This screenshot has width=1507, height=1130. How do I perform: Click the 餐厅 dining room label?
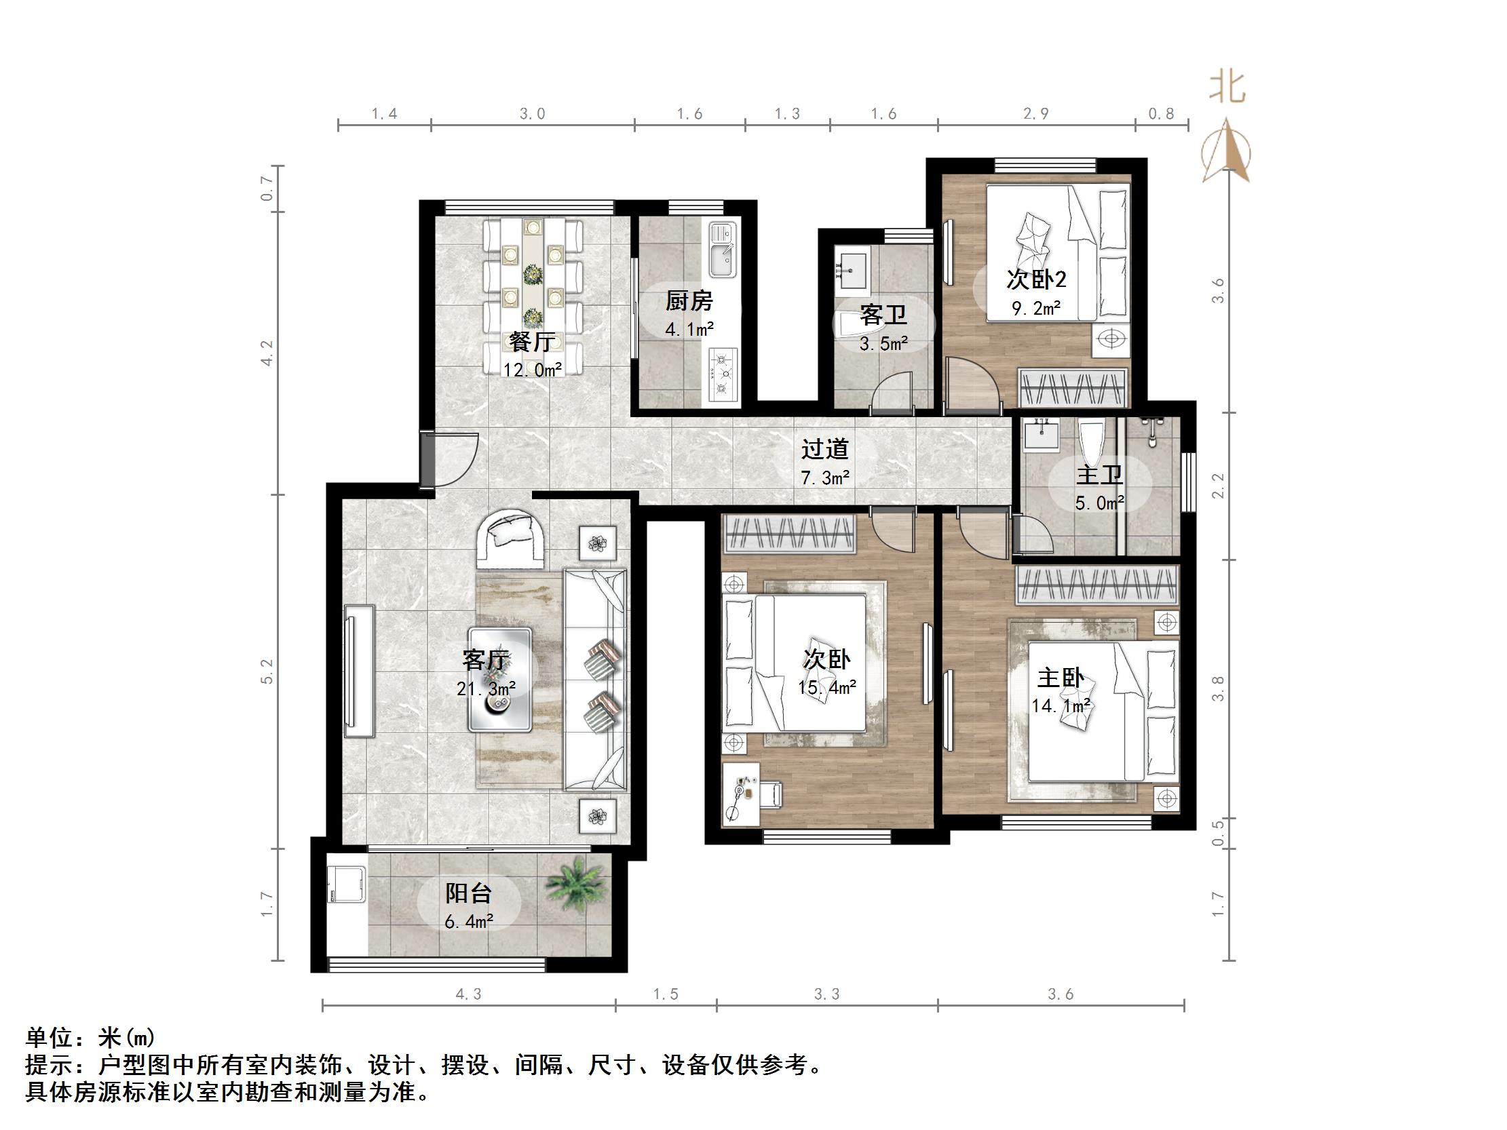pyautogui.click(x=531, y=341)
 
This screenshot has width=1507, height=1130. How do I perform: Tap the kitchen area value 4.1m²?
pyautogui.click(x=689, y=330)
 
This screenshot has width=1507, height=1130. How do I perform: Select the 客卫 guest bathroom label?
pyautogui.click(x=883, y=315)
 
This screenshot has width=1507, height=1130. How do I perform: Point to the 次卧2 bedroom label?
pyautogui.click(x=1036, y=279)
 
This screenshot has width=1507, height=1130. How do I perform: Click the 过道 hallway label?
pyautogui.click(x=824, y=450)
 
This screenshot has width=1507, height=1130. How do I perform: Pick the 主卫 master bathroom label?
pyautogui.click(x=1099, y=475)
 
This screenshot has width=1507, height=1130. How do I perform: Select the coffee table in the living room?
pyautogui.click(x=499, y=679)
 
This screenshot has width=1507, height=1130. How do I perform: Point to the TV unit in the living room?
pyautogui.click(x=359, y=671)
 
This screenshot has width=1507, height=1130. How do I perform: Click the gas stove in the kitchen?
pyautogui.click(x=723, y=374)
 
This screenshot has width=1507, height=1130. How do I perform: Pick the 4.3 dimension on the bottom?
pyautogui.click(x=468, y=994)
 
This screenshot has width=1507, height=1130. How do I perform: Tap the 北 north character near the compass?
pyautogui.click(x=1226, y=88)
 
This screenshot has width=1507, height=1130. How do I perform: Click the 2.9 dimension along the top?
pyautogui.click(x=1035, y=114)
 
